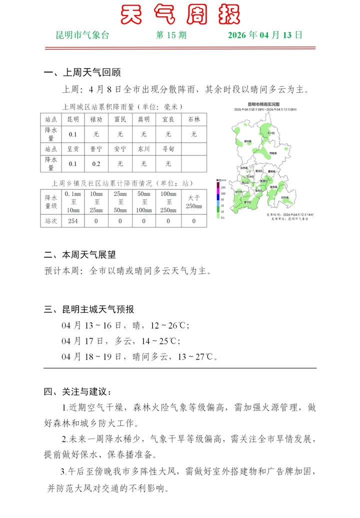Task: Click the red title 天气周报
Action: point(180,14)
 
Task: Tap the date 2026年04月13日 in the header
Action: point(265,35)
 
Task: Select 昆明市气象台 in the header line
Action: point(82,35)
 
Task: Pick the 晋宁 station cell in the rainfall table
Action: point(96,149)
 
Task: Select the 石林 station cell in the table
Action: point(194,120)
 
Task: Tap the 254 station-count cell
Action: point(73,221)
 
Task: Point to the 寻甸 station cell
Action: point(168,149)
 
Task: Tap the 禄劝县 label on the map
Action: point(247,142)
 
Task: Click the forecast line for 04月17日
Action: point(120,342)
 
